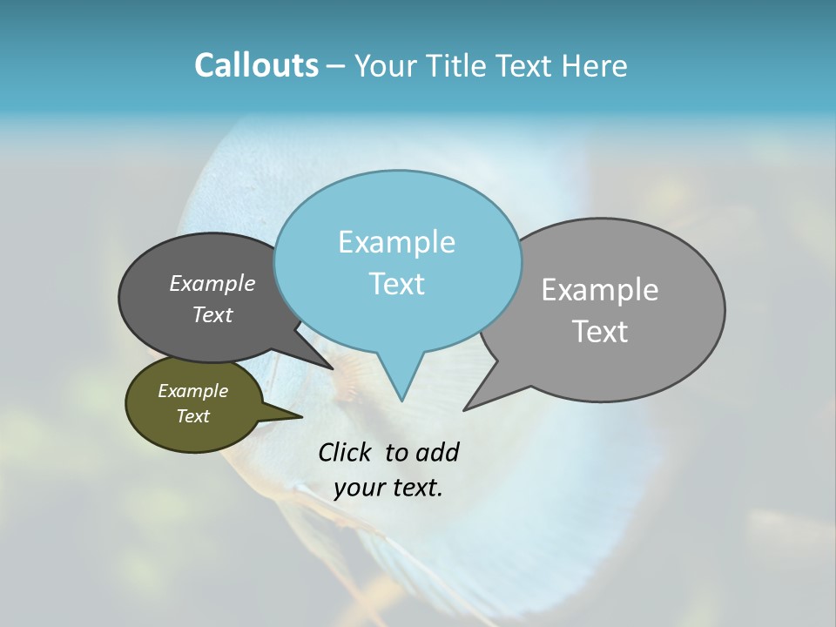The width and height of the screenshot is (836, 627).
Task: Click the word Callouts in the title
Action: [x=256, y=65]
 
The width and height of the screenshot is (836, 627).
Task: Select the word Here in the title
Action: [x=596, y=65]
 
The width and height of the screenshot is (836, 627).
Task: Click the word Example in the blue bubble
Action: [x=396, y=242]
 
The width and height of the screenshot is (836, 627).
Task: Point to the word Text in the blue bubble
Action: [x=396, y=284]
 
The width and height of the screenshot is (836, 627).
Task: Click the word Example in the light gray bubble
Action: [x=600, y=290]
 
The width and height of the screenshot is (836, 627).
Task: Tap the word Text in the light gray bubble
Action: [x=600, y=332]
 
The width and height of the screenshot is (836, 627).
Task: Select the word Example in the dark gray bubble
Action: [x=212, y=283]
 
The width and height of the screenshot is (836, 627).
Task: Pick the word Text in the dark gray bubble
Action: [x=212, y=314]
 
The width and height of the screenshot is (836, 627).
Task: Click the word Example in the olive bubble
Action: [x=192, y=391]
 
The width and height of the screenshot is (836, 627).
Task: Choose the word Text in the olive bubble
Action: [x=192, y=416]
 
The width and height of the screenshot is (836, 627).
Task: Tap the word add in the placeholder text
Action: [x=437, y=452]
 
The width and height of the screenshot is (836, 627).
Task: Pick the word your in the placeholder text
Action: [x=357, y=488]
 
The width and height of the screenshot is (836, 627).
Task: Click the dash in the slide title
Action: [x=336, y=67]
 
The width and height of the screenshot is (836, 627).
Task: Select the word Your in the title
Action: [x=383, y=65]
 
